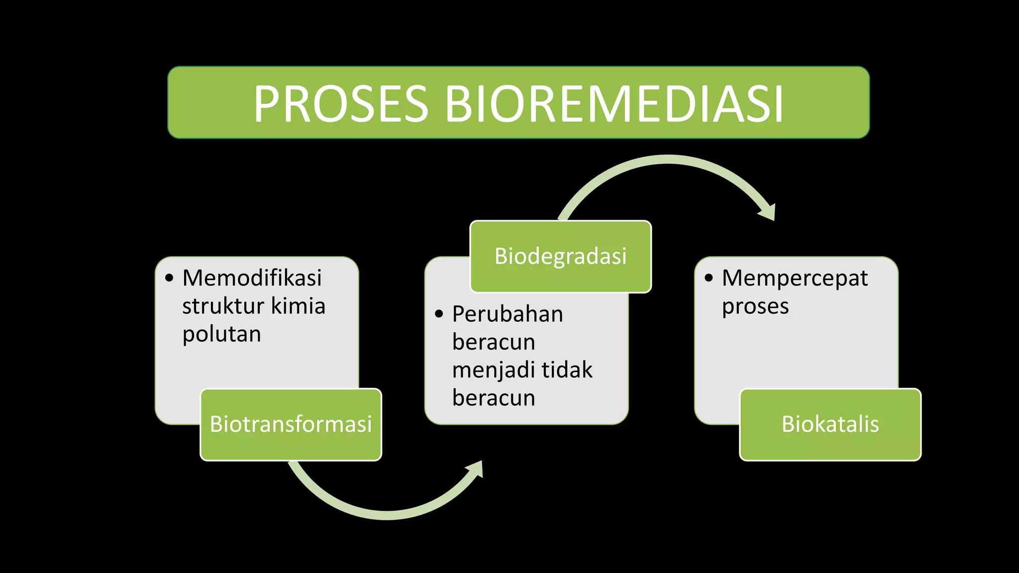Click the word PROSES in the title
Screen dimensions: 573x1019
coord(341,104)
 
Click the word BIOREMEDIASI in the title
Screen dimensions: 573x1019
coord(614,104)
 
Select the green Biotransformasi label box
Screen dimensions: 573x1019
coord(291,424)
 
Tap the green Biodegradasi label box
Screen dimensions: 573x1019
coord(561,256)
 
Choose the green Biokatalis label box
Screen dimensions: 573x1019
coord(830,424)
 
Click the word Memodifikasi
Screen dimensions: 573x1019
coord(252,278)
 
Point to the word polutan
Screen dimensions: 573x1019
coord(221,334)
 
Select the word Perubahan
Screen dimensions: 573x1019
coord(508,314)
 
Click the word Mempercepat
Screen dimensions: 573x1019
coord(795,278)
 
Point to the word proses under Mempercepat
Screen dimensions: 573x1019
coord(755,306)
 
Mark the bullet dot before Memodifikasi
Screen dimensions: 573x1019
coord(169,278)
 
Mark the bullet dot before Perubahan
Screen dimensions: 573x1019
coord(439,314)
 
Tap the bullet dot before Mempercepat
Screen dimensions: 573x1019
coord(709,278)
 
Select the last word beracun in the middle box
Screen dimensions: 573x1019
coord(494,398)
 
